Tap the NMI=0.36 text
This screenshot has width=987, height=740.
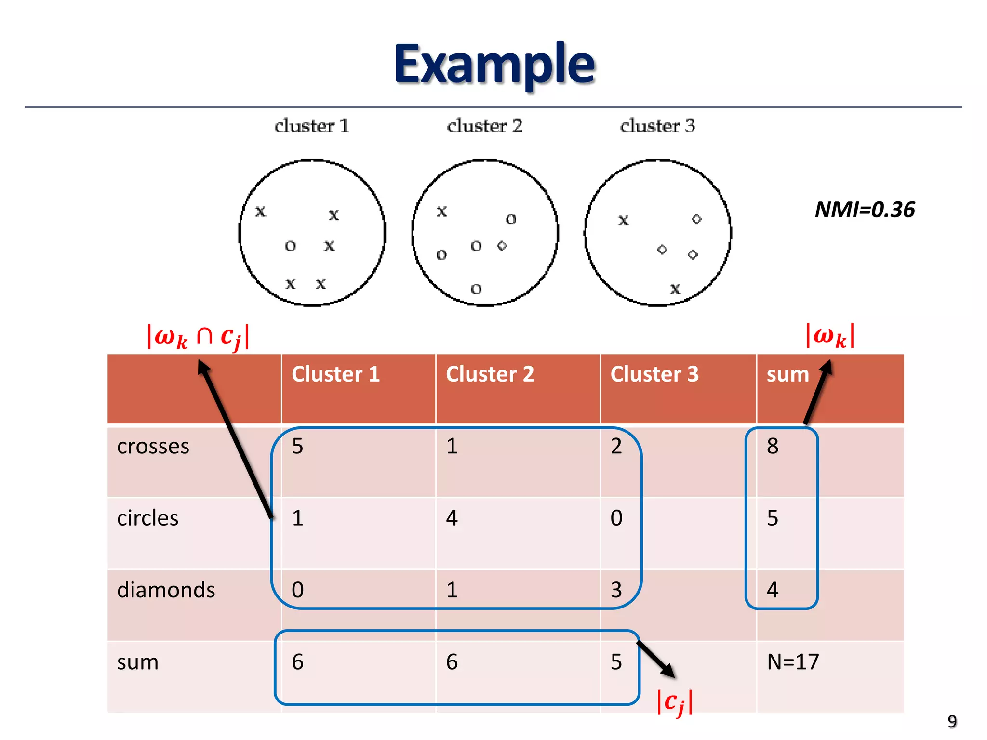coord(865,210)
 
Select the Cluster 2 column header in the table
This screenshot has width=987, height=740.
coord(490,374)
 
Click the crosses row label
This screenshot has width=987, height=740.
coord(153,446)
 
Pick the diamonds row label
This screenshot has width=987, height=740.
coord(166,590)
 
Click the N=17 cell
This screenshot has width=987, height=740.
coord(793,662)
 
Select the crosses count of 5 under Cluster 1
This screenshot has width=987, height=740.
coord(298,446)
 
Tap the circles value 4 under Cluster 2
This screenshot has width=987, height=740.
coord(452,518)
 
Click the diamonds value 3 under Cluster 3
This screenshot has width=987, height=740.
coord(616,590)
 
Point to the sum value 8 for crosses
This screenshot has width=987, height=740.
coord(773,446)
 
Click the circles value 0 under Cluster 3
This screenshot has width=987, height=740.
coord(616,518)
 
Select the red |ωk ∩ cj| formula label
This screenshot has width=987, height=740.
coord(198,336)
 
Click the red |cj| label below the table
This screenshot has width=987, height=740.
coord(675,702)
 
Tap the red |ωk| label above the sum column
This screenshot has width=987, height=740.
coord(830,335)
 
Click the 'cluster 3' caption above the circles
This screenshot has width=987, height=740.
coord(657,126)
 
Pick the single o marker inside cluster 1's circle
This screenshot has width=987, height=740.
coord(290,246)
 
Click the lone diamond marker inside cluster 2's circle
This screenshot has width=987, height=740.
coord(502,246)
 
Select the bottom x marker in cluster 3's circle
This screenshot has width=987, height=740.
coord(675,289)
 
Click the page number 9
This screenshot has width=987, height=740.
coord(952,721)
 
